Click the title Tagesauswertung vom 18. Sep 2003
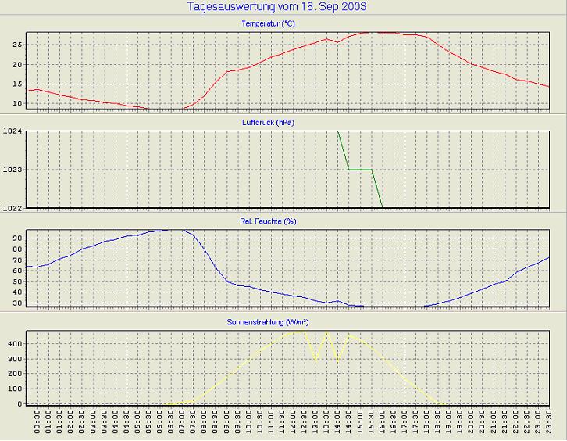pyautogui.click(x=277, y=7)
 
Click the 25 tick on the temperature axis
pyautogui.click(x=16, y=44)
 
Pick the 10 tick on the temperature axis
pyautogui.click(x=16, y=103)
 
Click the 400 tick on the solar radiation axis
pyautogui.click(x=12, y=343)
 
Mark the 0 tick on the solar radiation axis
pyautogui.click(x=18, y=403)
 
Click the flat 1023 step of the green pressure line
pyautogui.click(x=359, y=169)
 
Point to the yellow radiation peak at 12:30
pyautogui.click(x=303, y=331)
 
